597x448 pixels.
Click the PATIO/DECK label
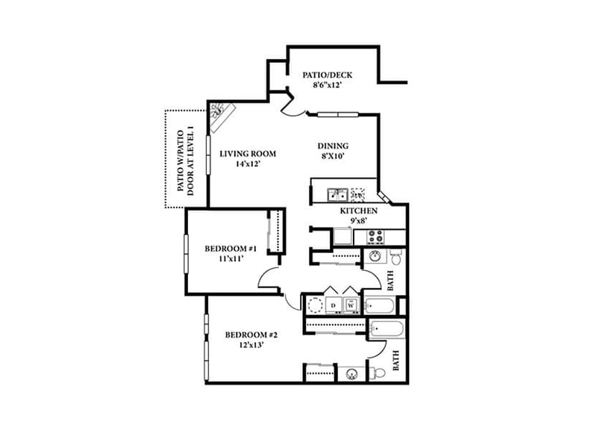tap(327, 75)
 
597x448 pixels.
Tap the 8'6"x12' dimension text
tap(327, 87)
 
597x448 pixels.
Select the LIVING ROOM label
tap(248, 154)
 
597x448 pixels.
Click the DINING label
tap(333, 146)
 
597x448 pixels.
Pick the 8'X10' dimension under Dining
tap(333, 157)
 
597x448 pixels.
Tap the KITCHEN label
tap(358, 211)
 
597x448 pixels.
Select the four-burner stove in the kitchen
tap(375, 237)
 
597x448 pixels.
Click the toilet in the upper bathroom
tap(396, 258)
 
